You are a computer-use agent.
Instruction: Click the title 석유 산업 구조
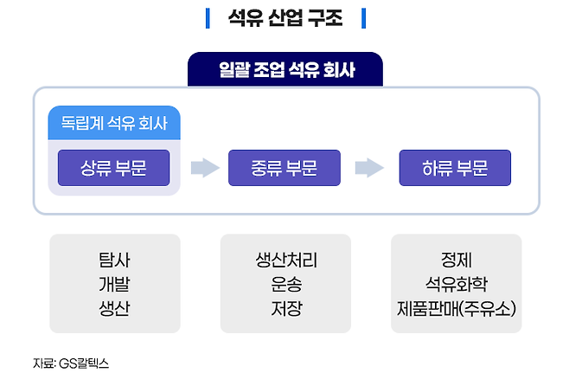pyautogui.click(x=284, y=18)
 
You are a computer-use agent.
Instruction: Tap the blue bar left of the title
pyautogui.click(x=208, y=18)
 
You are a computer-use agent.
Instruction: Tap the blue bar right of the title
pyautogui.click(x=363, y=18)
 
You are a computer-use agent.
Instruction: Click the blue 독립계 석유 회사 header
pyautogui.click(x=114, y=124)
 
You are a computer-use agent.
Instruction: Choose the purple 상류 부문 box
pyautogui.click(x=113, y=168)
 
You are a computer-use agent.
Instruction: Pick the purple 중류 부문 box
pyautogui.click(x=284, y=168)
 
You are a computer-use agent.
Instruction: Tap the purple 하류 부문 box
pyautogui.click(x=455, y=168)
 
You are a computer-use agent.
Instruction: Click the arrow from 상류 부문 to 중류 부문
pyautogui.click(x=205, y=168)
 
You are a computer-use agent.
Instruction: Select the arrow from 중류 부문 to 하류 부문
pyautogui.click(x=369, y=168)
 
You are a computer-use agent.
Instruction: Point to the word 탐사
pyautogui.click(x=114, y=261)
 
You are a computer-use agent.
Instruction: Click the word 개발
pyautogui.click(x=114, y=284)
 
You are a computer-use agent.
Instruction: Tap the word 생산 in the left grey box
pyautogui.click(x=114, y=307)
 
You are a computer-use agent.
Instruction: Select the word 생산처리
pyautogui.click(x=284, y=261)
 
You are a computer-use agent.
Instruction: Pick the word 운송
pyautogui.click(x=284, y=284)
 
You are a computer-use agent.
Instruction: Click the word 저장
pyautogui.click(x=284, y=307)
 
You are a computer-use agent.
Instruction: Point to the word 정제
pyautogui.click(x=455, y=261)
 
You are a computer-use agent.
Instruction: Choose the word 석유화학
pyautogui.click(x=455, y=284)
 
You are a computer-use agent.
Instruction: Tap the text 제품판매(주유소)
pyautogui.click(x=455, y=307)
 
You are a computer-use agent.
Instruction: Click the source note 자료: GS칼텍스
pyautogui.click(x=71, y=363)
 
